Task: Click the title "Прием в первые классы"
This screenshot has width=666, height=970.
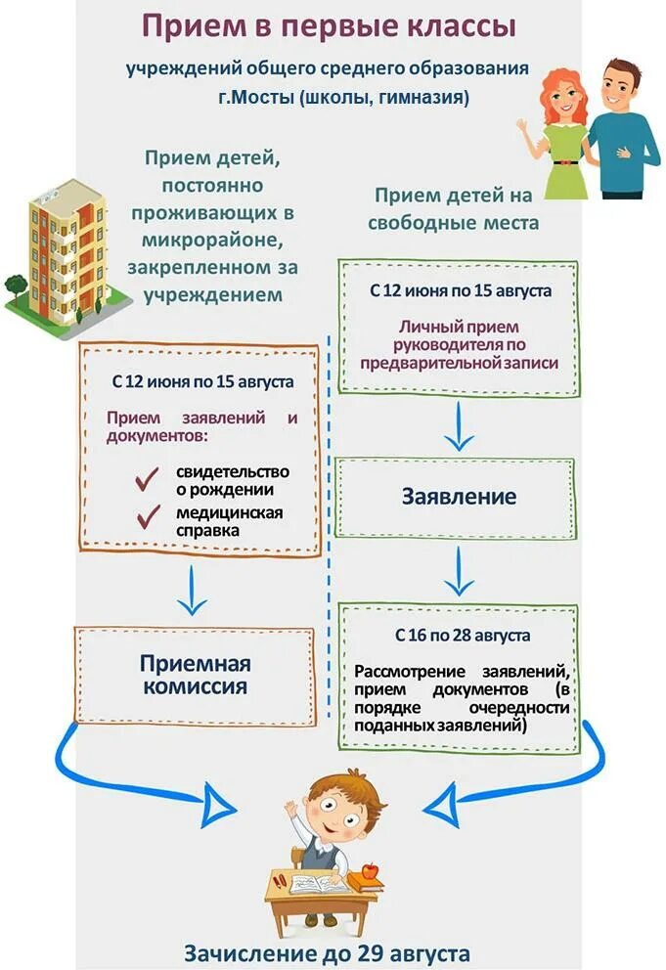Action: tap(329, 26)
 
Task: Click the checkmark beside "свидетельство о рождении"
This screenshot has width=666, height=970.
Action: tap(148, 479)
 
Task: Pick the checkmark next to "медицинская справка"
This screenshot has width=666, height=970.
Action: tap(148, 519)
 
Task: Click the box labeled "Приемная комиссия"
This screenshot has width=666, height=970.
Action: tap(195, 676)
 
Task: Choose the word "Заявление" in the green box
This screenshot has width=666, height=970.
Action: tap(458, 497)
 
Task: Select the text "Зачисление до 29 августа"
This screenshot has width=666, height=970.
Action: tap(328, 952)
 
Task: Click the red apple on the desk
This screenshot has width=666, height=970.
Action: tap(370, 869)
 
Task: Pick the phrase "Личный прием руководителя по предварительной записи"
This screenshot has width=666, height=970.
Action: tap(459, 344)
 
